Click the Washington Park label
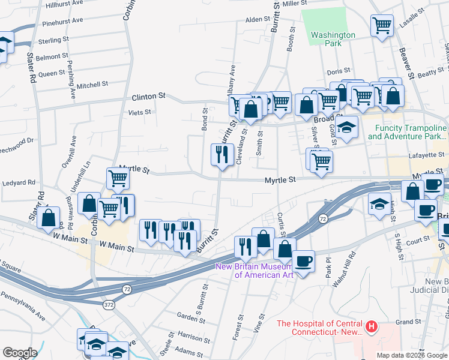point(333,39)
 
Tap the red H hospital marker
point(372,327)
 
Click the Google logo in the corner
point(20,353)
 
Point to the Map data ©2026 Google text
point(412,355)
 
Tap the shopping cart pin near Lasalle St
point(382,26)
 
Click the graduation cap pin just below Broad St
point(346,127)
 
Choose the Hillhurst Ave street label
point(64,3)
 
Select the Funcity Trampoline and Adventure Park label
point(408,133)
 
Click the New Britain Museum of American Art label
point(255,271)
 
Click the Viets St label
point(140,112)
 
